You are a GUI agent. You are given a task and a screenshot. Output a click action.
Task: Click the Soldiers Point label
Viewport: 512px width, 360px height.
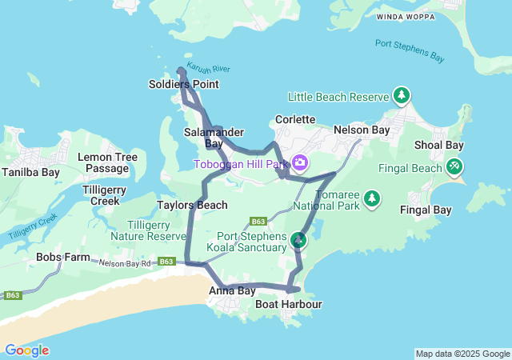183,84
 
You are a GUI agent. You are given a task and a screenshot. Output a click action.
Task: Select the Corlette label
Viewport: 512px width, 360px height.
295,119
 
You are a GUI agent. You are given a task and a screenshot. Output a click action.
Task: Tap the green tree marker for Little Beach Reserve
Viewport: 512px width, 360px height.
402,96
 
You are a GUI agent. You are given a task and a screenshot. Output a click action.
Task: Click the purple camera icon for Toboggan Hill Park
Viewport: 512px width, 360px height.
300,163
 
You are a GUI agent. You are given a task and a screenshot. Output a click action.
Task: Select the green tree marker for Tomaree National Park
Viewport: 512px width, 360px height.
371,197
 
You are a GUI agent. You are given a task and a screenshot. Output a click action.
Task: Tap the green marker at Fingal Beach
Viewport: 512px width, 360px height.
454,166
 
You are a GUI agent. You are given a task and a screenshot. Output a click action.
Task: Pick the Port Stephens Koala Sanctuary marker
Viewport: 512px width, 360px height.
298,239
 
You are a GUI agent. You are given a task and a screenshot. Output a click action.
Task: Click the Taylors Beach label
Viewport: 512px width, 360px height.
192,205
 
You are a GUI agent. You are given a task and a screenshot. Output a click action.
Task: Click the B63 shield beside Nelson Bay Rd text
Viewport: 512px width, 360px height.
166,262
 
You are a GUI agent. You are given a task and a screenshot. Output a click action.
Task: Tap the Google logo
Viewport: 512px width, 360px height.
26,350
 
